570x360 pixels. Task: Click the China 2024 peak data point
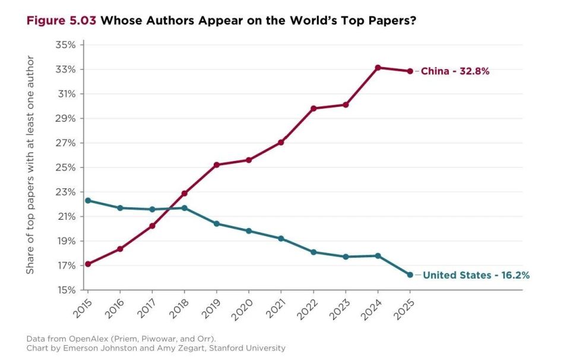click(x=378, y=68)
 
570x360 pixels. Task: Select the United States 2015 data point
click(x=88, y=201)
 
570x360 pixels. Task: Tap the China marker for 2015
click(x=88, y=264)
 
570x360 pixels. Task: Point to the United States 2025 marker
click(x=410, y=275)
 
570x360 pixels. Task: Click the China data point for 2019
click(x=217, y=165)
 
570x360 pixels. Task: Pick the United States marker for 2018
click(x=184, y=208)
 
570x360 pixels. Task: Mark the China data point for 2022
click(x=313, y=108)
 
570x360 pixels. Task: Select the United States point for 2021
click(x=281, y=239)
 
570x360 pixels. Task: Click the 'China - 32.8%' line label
click(x=455, y=71)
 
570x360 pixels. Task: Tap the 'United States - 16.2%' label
click(x=476, y=275)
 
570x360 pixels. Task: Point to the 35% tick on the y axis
click(x=65, y=45)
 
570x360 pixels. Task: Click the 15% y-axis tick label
click(x=65, y=290)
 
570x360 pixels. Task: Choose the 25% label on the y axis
click(x=65, y=168)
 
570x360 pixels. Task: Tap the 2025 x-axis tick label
click(x=403, y=310)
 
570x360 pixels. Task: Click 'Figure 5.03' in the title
click(x=61, y=20)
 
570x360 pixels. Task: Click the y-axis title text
click(x=30, y=165)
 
